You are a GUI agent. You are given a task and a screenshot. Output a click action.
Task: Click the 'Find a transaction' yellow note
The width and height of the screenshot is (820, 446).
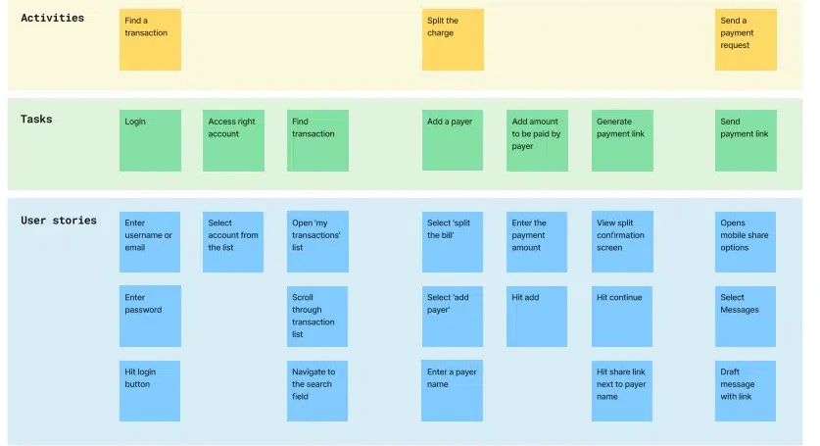click(150, 39)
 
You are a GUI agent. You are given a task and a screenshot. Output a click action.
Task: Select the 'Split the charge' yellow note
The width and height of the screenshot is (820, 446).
click(453, 39)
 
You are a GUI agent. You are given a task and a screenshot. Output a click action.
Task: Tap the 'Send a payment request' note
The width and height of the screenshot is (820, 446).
click(746, 39)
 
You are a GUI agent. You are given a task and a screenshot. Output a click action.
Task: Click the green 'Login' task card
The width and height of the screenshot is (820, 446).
click(150, 140)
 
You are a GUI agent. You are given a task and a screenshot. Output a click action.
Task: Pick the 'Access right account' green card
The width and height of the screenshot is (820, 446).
click(233, 140)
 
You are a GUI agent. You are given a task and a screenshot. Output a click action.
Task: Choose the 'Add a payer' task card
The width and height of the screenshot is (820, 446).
click(453, 140)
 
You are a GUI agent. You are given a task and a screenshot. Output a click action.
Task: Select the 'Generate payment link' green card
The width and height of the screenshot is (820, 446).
click(622, 140)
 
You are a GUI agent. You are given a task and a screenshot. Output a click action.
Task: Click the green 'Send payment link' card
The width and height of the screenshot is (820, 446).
click(746, 140)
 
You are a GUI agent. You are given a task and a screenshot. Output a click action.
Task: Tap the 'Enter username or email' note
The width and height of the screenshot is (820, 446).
click(150, 241)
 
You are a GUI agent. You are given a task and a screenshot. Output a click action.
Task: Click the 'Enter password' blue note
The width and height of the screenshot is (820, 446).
click(150, 316)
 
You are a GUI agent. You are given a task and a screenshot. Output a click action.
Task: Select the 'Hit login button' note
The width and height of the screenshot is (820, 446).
click(150, 390)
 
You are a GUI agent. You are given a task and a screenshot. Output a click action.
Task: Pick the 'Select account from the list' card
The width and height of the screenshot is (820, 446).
click(233, 241)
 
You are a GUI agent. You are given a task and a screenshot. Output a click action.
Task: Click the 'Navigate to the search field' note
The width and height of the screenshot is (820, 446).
click(317, 390)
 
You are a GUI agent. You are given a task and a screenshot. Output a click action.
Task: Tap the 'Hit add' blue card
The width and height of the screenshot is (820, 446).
click(537, 316)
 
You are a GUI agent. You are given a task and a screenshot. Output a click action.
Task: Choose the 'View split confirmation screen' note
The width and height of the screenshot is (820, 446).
click(622, 241)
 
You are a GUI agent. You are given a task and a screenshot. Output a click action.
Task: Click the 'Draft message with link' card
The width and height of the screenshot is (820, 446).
click(746, 390)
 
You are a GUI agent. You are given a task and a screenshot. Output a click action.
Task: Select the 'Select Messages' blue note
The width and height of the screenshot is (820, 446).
click(746, 316)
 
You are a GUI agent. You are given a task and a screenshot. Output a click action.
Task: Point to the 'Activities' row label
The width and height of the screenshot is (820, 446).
click(53, 18)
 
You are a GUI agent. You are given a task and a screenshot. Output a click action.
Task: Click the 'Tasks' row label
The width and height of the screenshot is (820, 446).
click(36, 119)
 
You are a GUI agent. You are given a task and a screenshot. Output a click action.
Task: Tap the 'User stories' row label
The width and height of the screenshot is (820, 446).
click(59, 220)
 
